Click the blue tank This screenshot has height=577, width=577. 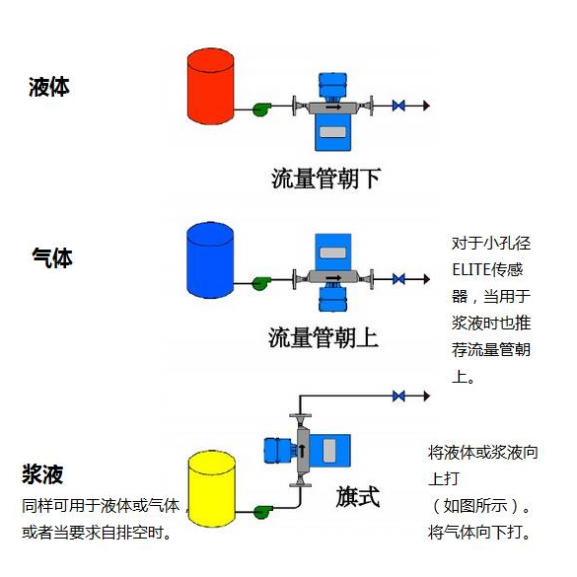[x=211, y=260]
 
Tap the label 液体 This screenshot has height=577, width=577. [x=49, y=87]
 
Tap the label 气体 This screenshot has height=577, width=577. [x=52, y=258]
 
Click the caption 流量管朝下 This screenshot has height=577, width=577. [x=325, y=179]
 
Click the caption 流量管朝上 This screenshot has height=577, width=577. [x=324, y=337]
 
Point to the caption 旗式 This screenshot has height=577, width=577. [x=357, y=494]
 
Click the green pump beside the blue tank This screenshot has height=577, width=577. [x=261, y=281]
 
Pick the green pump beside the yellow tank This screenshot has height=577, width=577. [x=262, y=510]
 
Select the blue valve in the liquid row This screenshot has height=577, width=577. [x=398, y=105]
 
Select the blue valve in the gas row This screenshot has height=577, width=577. [x=398, y=279]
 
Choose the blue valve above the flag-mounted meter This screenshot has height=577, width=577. [x=398, y=396]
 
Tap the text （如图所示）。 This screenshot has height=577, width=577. [x=482, y=507]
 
